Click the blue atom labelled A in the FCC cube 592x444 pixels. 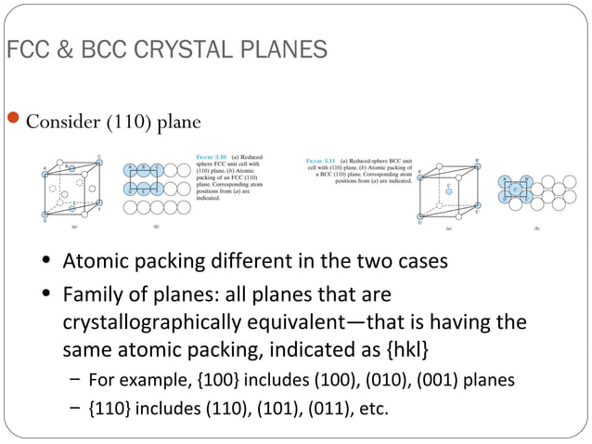44,171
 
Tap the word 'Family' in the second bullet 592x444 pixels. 90,295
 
